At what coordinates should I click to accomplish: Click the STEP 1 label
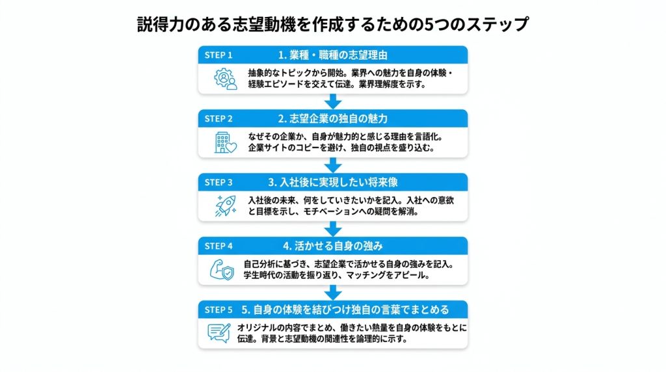pyautogui.click(x=219, y=55)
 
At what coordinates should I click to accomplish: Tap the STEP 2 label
pyautogui.click(x=219, y=119)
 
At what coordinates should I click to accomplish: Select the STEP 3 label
pyautogui.click(x=219, y=183)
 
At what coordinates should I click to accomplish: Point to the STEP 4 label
pyautogui.click(x=219, y=246)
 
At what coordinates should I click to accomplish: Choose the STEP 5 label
pyautogui.click(x=219, y=310)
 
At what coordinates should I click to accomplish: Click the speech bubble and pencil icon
pyautogui.click(x=219, y=334)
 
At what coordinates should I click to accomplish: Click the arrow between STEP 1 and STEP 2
pyautogui.click(x=333, y=101)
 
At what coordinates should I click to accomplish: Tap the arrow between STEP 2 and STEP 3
pyautogui.click(x=333, y=165)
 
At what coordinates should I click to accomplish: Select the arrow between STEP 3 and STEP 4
pyautogui.click(x=333, y=229)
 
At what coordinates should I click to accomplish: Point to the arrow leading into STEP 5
pyautogui.click(x=333, y=293)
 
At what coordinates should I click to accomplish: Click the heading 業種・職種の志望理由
pyautogui.click(x=338, y=55)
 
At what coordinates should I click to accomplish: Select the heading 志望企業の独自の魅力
pyautogui.click(x=338, y=119)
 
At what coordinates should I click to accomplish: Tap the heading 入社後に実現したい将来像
pyautogui.click(x=338, y=183)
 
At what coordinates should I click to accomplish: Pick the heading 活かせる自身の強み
pyautogui.click(x=338, y=246)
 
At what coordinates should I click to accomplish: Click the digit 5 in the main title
pyautogui.click(x=429, y=24)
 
